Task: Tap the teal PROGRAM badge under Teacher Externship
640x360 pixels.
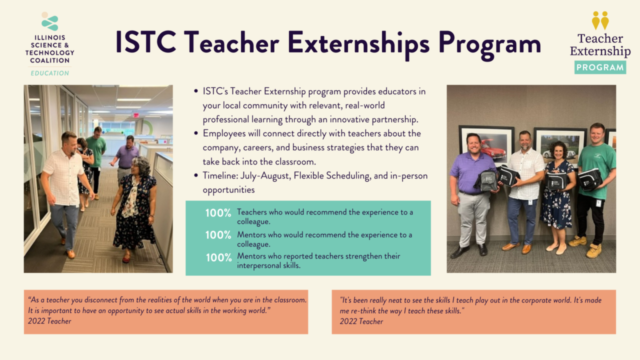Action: pyautogui.click(x=600, y=67)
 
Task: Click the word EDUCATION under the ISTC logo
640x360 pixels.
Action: pyautogui.click(x=50, y=73)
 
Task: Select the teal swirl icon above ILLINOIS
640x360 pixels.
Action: pyautogui.click(x=50, y=22)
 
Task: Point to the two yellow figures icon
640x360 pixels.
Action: pyautogui.click(x=600, y=20)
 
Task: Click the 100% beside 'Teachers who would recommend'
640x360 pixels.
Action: pyautogui.click(x=218, y=213)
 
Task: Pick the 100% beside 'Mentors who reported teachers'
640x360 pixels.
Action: pyautogui.click(x=218, y=257)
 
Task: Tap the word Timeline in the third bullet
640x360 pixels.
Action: pyautogui.click(x=219, y=176)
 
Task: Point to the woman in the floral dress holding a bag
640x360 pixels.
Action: pyautogui.click(x=557, y=200)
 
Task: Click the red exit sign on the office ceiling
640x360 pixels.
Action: pyautogui.click(x=135, y=115)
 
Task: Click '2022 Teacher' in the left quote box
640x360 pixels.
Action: pyautogui.click(x=49, y=321)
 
